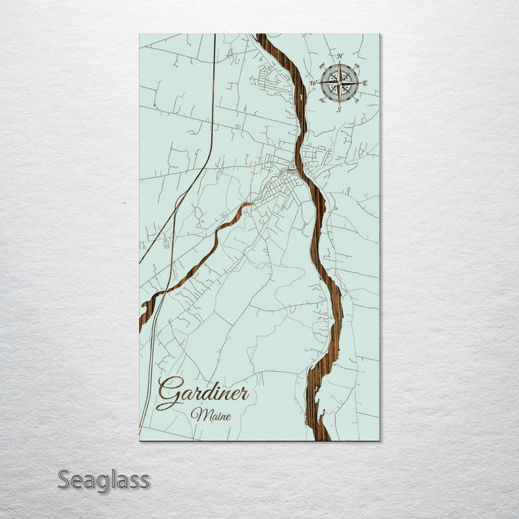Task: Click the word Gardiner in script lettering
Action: (203, 394)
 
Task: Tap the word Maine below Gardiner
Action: (207, 415)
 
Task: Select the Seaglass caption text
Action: (104, 479)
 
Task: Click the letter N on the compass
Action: (341, 56)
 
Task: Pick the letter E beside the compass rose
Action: (365, 84)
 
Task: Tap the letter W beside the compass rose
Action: (314, 82)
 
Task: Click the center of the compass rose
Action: (340, 83)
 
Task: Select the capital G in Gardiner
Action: (168, 394)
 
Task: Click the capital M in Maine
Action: (196, 415)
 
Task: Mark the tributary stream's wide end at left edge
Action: (145, 314)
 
